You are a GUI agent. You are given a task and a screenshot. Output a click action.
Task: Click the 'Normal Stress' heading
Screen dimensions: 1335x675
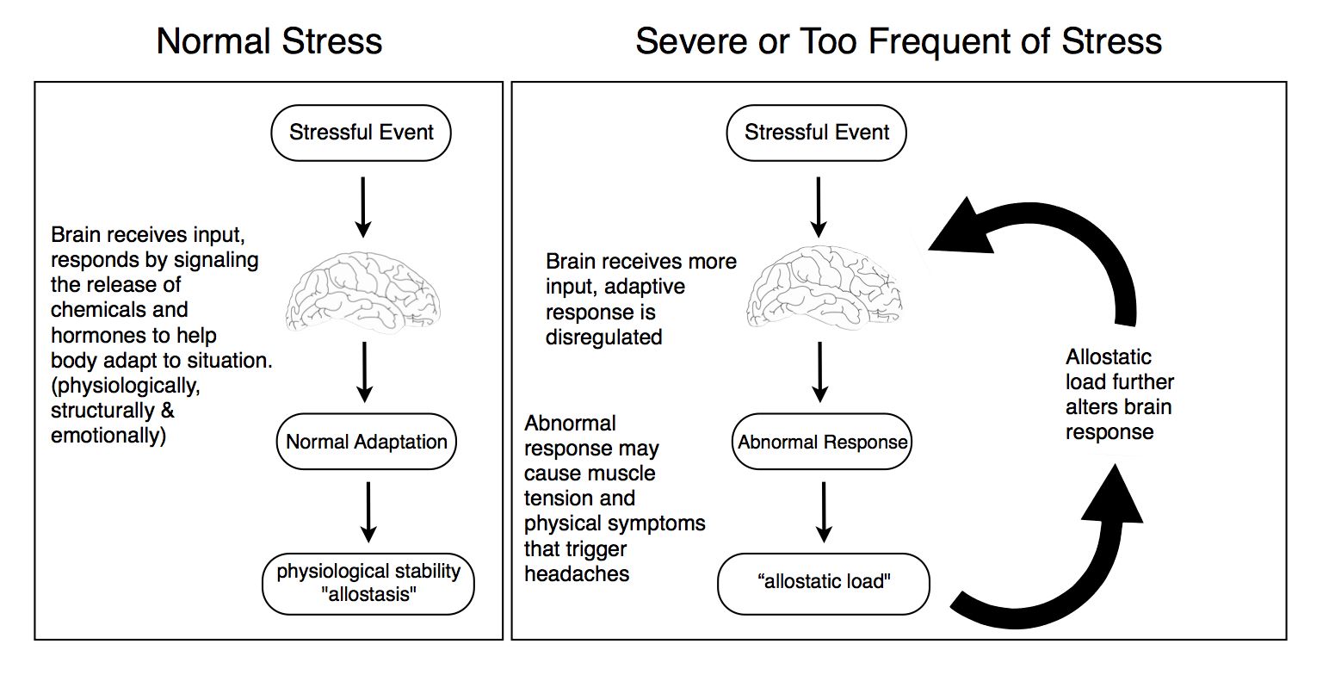click(x=269, y=41)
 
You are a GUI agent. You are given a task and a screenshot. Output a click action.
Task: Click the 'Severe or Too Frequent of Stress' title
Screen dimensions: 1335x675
click(x=899, y=41)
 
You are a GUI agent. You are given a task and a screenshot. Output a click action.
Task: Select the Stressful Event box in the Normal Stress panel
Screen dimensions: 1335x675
click(x=362, y=133)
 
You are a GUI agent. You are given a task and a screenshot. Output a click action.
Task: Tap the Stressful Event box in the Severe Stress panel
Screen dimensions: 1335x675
click(x=817, y=133)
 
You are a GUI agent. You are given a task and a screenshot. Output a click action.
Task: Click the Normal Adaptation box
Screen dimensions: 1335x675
click(x=367, y=442)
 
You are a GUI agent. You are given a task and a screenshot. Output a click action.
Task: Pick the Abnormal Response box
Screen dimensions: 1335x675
click(x=822, y=442)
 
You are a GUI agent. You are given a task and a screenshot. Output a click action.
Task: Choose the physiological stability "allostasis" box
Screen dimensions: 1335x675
click(x=368, y=584)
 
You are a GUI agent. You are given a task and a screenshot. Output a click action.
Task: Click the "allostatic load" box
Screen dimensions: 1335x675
click(x=824, y=584)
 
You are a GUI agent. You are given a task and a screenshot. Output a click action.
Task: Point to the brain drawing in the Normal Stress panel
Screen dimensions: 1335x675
click(x=363, y=290)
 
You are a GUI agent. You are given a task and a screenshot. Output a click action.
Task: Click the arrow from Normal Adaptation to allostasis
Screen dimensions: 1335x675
click(x=368, y=512)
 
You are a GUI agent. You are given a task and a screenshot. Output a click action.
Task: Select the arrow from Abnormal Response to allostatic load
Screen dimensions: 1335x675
click(x=824, y=512)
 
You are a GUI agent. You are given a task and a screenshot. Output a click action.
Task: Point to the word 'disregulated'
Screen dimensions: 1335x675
click(x=603, y=337)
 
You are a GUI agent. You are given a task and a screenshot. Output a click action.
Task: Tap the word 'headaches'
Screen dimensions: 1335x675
click(x=577, y=573)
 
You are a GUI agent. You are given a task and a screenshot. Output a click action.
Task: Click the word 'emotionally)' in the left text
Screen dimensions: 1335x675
click(x=108, y=436)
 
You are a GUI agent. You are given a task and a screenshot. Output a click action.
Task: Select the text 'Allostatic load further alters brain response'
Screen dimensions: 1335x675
click(x=1120, y=394)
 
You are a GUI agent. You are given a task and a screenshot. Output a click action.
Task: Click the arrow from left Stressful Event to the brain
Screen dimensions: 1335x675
click(x=363, y=207)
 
